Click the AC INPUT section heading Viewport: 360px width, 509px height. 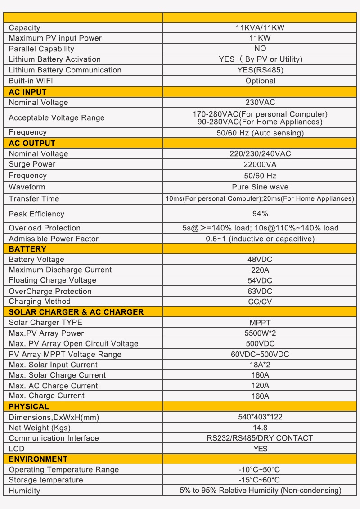tap(28, 92)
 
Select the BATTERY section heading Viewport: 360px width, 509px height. tap(28, 249)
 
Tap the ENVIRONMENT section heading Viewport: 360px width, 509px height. tap(38, 459)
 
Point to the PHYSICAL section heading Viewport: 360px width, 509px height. tap(29, 406)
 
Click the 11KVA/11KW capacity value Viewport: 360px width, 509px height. tap(260, 28)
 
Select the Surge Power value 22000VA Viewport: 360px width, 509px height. tap(260, 165)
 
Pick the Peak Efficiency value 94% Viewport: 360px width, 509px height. tap(260, 213)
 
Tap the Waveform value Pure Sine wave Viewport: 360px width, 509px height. tap(260, 187)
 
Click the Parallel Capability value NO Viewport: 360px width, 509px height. tap(260, 49)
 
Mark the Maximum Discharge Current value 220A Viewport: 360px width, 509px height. tap(260, 270)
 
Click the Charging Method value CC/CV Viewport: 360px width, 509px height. tap(260, 302)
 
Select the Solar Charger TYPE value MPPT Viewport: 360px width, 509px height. tap(260, 323)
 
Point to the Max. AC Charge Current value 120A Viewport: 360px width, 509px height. tap(260, 386)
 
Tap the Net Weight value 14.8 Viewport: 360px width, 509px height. tap(260, 428)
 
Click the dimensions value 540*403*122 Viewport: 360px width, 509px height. tap(260, 417)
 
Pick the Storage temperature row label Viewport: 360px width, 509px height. tap(46, 480)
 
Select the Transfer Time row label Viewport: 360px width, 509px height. tap(34, 198)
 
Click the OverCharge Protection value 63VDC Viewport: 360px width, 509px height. tap(260, 291)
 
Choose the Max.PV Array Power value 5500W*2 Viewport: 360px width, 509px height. tap(260, 333)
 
